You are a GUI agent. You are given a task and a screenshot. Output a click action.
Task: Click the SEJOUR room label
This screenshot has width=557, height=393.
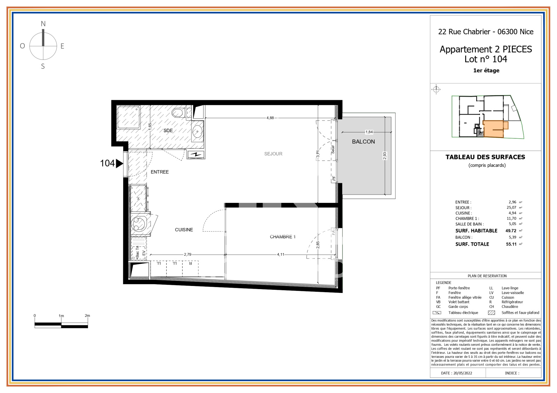[273, 154]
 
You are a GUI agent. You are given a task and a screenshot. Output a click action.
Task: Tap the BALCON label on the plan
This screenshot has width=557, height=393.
[363, 141]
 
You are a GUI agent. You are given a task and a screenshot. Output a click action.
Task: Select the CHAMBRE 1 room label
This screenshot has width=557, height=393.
[282, 237]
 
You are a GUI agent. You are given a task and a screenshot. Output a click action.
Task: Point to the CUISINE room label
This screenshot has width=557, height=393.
[184, 230]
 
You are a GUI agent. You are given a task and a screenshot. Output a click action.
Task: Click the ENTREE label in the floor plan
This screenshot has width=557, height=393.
[159, 172]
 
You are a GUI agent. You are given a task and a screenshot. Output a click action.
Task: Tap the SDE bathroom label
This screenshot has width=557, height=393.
[168, 131]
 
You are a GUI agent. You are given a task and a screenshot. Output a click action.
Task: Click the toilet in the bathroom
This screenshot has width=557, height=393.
[179, 113]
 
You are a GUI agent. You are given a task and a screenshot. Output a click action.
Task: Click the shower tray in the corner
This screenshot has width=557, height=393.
[128, 117]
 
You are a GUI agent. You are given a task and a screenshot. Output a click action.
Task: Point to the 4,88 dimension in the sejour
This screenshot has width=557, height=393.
[270, 118]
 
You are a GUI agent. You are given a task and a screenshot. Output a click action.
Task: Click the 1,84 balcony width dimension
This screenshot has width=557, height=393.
[369, 132]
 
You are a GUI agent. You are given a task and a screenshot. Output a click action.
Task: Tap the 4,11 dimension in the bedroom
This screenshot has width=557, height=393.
[281, 254]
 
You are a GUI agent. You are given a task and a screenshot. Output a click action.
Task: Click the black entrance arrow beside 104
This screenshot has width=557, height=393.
[119, 163]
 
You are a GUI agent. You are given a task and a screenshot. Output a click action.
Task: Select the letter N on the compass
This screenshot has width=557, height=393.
[43, 24]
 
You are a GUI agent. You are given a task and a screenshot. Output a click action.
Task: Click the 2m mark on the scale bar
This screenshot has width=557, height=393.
[87, 316]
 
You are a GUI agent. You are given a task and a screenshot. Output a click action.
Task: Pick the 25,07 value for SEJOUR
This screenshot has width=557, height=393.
[511, 207]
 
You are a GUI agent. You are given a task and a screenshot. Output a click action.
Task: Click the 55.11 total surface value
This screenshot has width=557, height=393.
[511, 244]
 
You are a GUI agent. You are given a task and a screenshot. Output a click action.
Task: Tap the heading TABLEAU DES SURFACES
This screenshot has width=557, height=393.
[485, 157]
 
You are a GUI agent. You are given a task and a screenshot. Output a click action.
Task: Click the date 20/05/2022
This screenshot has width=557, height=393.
[463, 373]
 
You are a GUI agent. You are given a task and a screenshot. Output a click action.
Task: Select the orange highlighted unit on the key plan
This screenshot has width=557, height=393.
[493, 129]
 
